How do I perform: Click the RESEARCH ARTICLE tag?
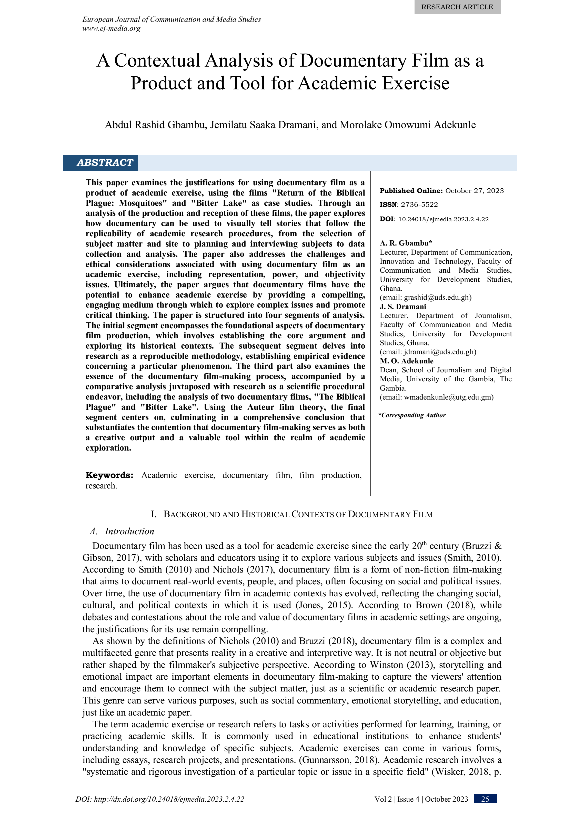pos(457,7)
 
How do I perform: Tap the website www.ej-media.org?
pos(112,28)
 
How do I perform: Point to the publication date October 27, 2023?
pos(474,191)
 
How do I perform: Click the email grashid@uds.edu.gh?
pos(437,298)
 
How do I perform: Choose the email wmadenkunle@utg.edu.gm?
pos(448,397)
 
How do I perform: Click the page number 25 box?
pos(485,799)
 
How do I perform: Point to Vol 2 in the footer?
pos(384,799)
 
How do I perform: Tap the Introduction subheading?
pos(129,531)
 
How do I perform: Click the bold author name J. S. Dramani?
pos(403,307)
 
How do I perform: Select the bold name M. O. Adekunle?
pos(406,361)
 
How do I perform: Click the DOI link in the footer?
pos(160,799)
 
